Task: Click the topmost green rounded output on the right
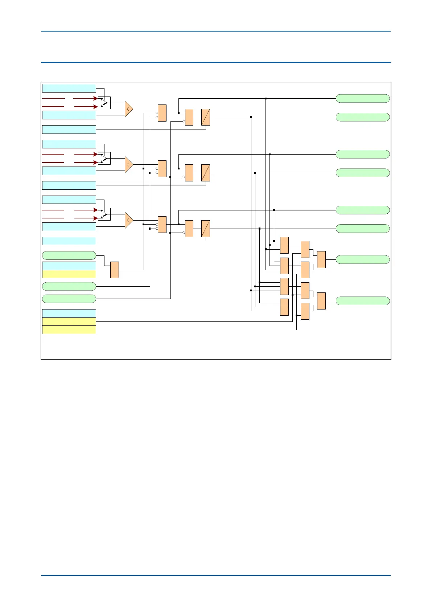pyautogui.click(x=362, y=98)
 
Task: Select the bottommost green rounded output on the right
pyautogui.click(x=362, y=301)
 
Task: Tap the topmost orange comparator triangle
pyautogui.click(x=129, y=109)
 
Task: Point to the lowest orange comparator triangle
pyautogui.click(x=129, y=220)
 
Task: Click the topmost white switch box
pyautogui.click(x=104, y=103)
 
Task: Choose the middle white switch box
pyautogui.click(x=104, y=158)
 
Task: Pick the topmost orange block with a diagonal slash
pyautogui.click(x=206, y=117)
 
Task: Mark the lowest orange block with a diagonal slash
pyautogui.click(x=206, y=229)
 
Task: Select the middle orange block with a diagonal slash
pyautogui.click(x=206, y=173)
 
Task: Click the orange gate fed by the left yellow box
pyautogui.click(x=115, y=270)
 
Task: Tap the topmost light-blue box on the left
pyautogui.click(x=69, y=88)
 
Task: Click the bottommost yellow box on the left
pyautogui.click(x=69, y=330)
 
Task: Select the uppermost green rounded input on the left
pyautogui.click(x=69, y=255)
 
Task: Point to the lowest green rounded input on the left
pyautogui.click(x=69, y=299)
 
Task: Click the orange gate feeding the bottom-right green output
pyautogui.click(x=321, y=301)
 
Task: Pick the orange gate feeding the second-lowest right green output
pyautogui.click(x=321, y=259)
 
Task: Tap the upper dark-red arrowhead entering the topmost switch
pyautogui.click(x=96, y=98)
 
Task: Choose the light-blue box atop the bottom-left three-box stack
pyautogui.click(x=69, y=313)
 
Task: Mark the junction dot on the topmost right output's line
pyautogui.click(x=266, y=98)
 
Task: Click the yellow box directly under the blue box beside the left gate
pyautogui.click(x=69, y=274)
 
